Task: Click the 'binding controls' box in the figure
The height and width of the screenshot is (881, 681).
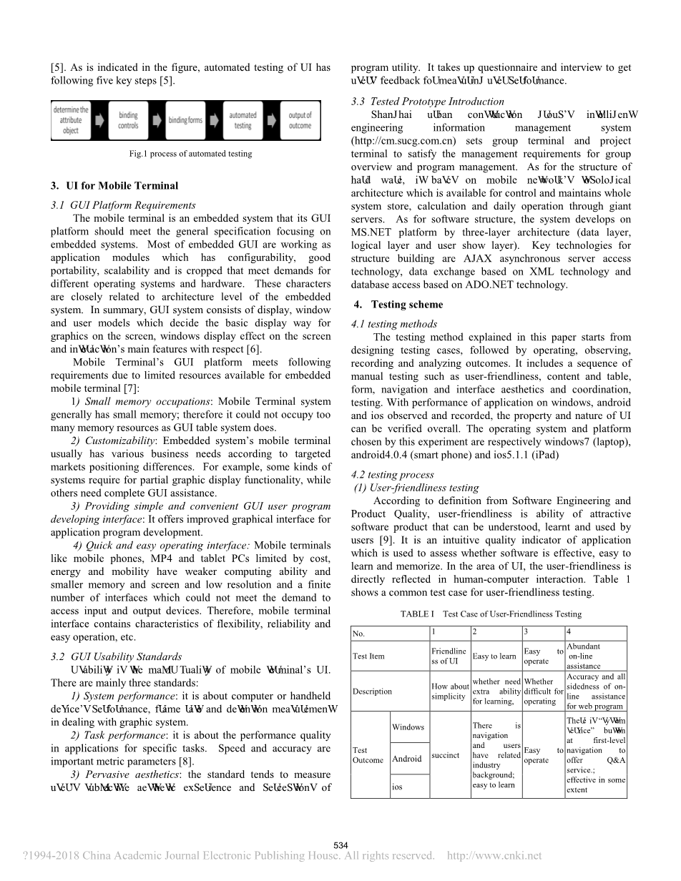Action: coord(129,120)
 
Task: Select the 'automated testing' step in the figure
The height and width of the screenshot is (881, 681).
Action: coord(243,120)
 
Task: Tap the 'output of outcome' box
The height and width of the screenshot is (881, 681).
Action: coord(300,120)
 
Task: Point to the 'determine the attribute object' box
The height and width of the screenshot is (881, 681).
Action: coord(70,120)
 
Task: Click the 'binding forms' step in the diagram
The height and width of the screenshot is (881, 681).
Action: coord(185,120)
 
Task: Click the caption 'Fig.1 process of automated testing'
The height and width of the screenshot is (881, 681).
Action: coord(190,153)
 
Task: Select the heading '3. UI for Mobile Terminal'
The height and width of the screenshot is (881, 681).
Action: coord(114,186)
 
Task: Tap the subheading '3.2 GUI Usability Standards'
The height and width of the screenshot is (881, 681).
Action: coord(117,656)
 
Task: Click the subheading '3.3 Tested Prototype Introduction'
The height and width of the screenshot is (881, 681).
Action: coord(428,102)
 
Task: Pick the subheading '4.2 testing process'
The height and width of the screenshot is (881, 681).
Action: coord(393,475)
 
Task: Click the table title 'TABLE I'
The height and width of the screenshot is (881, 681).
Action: coord(418,614)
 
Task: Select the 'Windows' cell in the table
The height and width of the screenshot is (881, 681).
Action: coord(408,727)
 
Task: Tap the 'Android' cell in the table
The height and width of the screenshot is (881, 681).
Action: coord(407,759)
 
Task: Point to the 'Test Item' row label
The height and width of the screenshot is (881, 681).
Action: coord(368,656)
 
